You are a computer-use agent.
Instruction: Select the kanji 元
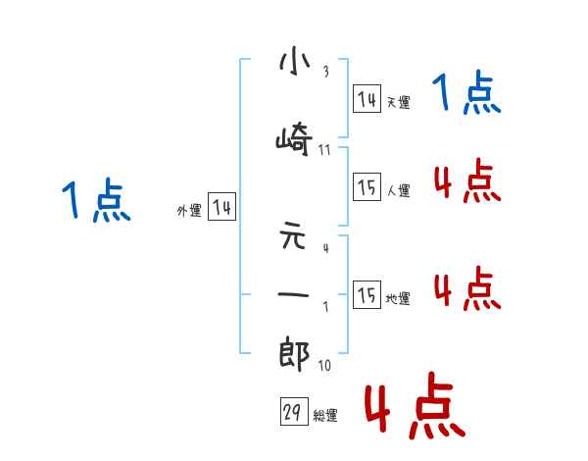coord(294,238)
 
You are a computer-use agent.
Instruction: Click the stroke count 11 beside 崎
coord(324,149)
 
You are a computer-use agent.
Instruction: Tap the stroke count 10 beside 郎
coord(324,366)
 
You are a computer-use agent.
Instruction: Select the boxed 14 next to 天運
coord(367,99)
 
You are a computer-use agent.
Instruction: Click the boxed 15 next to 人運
coord(367,187)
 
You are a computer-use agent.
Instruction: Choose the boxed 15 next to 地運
coord(367,295)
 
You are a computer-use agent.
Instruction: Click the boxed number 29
coord(293,413)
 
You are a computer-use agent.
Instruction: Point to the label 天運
coord(398,102)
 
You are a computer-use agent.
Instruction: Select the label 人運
coord(398,190)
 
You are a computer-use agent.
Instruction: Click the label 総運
coord(325,416)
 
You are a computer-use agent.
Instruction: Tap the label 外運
coord(189,210)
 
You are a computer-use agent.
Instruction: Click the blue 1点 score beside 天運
coord(467,94)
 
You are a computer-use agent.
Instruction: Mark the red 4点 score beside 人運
coord(466,180)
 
